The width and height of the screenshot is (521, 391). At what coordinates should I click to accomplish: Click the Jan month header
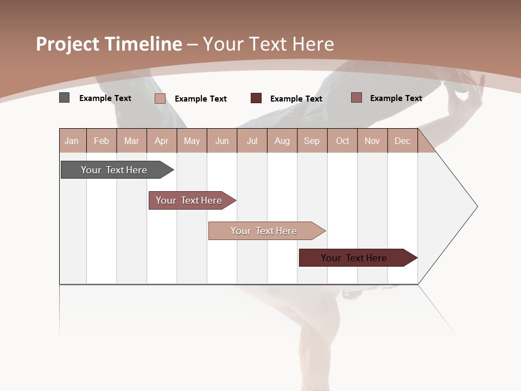tap(72, 141)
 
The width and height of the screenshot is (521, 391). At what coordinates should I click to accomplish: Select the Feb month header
tap(101, 141)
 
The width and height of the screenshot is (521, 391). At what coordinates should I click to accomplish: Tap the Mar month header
tap(131, 141)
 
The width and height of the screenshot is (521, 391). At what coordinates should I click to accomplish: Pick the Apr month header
tap(161, 141)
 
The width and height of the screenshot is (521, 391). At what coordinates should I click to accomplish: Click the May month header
tap(192, 141)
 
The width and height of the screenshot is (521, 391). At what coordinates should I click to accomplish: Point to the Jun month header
tap(222, 141)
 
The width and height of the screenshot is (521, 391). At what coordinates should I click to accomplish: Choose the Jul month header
tap(252, 141)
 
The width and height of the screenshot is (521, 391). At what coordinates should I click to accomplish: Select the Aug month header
tap(282, 141)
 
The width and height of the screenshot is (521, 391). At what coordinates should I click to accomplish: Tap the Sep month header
tap(312, 141)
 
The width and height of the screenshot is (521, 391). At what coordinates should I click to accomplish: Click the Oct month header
tap(342, 141)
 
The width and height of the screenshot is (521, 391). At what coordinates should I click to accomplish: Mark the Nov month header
tap(372, 141)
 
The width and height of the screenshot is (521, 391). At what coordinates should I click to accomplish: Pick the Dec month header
tap(402, 141)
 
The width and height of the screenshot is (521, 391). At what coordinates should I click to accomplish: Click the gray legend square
tap(65, 98)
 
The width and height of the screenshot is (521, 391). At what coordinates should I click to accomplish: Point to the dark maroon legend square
tap(256, 98)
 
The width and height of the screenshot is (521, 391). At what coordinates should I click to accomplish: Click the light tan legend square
tap(160, 98)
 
